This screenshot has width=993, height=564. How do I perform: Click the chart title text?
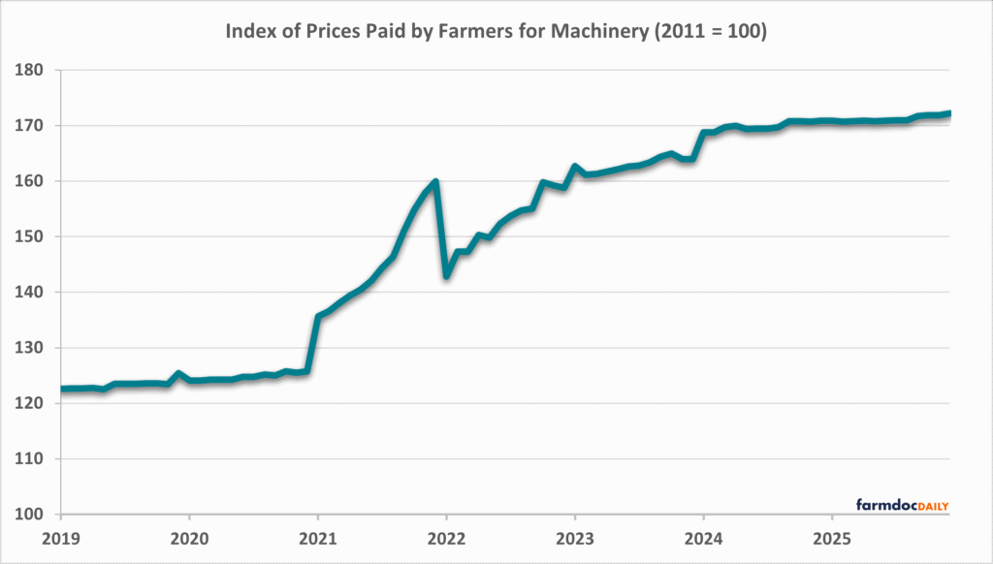pos(496,31)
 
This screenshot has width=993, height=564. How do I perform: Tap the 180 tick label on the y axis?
pos(31,71)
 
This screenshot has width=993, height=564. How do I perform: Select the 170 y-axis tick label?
pos(31,126)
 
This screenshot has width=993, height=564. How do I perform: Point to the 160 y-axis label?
pos(31,181)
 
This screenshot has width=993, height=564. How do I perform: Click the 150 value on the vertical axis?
pos(31,236)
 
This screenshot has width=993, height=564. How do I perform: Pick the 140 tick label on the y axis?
pos(31,293)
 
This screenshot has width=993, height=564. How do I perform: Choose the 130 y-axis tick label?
pos(31,348)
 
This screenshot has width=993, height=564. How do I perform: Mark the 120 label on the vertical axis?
pos(31,403)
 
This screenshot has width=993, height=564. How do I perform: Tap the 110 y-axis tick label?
pos(31,459)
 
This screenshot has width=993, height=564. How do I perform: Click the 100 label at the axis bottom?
pos(31,515)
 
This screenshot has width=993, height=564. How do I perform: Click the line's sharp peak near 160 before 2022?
pos(435,181)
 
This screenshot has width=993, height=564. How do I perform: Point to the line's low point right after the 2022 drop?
pos(447,276)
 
